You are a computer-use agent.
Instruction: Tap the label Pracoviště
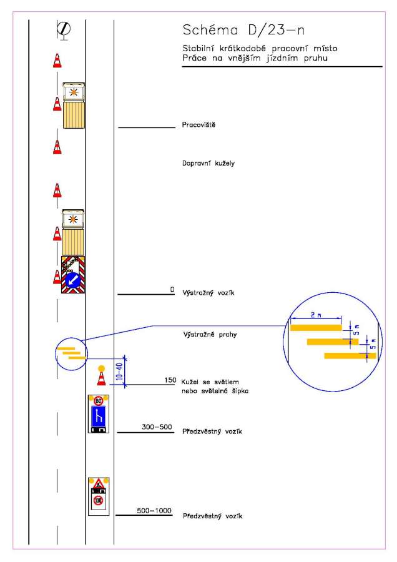tap(198, 125)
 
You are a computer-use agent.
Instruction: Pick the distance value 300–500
tap(157, 428)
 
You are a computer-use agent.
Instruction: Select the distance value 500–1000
tap(154, 511)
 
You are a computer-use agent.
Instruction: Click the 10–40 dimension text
tap(119, 373)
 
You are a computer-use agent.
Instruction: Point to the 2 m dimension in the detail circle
tap(315, 317)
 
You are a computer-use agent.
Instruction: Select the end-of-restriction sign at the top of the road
tap(63, 28)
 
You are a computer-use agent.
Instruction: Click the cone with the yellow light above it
tap(101, 378)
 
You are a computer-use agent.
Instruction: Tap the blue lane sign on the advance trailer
tap(99, 416)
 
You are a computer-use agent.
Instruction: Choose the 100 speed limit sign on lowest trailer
tap(98, 500)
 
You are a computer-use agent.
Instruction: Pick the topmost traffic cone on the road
tap(57, 61)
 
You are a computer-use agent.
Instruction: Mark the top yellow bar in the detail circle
tap(316, 327)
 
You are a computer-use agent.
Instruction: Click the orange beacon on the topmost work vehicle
tap(74, 91)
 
